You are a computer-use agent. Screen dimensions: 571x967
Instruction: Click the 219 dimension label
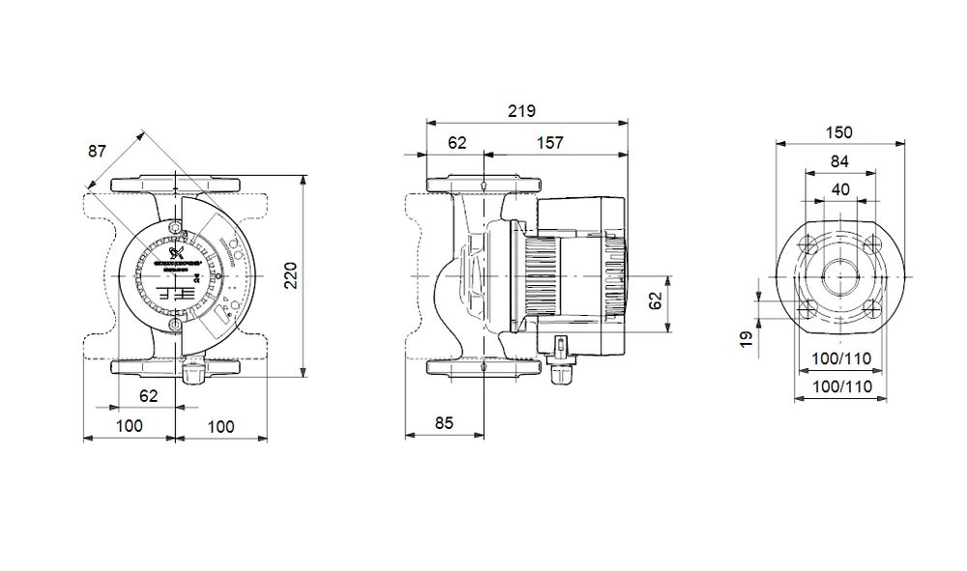pos(521,111)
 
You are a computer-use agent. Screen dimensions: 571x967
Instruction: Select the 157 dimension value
pos(549,143)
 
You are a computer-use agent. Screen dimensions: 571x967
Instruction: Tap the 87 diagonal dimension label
pos(97,152)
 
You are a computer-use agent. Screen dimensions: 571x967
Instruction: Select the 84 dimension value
pos(840,160)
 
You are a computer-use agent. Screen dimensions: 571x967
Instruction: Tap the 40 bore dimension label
pos(840,189)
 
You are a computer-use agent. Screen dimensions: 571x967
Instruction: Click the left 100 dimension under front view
pos(129,425)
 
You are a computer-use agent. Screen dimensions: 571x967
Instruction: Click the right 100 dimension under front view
pos(221,425)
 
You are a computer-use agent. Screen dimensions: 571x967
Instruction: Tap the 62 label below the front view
pos(148,395)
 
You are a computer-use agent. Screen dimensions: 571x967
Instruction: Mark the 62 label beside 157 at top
pos(456,143)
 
